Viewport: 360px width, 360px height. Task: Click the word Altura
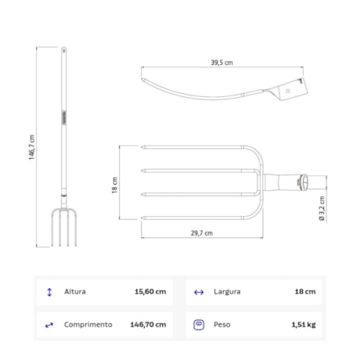coord(75,292)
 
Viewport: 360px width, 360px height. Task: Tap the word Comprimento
coord(88,324)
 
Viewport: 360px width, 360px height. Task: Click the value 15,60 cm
coord(151,292)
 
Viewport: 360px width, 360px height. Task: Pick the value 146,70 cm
coord(148,324)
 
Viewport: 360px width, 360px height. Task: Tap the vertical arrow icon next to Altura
coord(50,292)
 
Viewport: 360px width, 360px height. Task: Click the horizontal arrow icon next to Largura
coord(198,292)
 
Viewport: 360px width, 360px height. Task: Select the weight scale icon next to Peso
coord(198,324)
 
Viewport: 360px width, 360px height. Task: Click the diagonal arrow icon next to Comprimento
coord(50,324)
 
